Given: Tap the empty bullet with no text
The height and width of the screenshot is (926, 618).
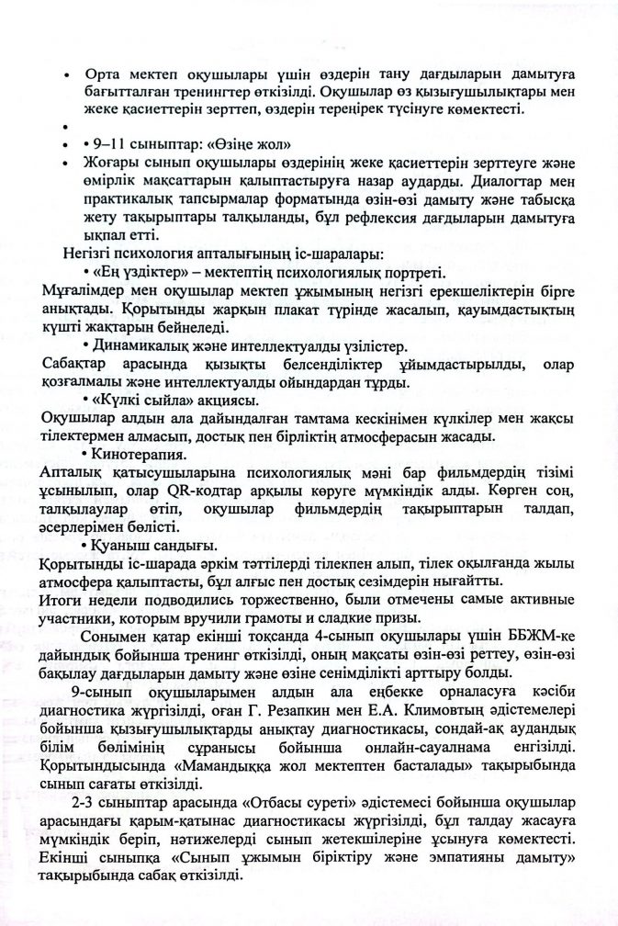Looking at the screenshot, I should (67, 127).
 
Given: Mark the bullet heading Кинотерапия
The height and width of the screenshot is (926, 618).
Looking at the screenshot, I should (135, 454).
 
